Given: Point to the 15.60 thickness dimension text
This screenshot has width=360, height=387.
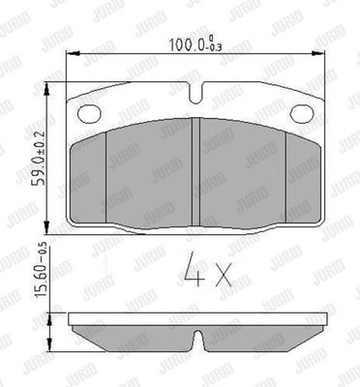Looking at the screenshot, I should click(x=40, y=280).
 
